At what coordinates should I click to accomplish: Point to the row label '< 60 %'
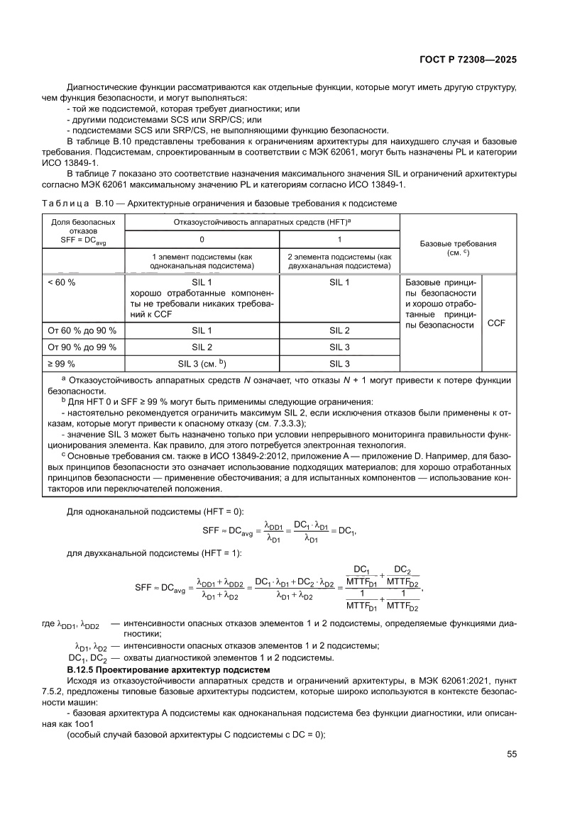pyautogui.click(x=62, y=282)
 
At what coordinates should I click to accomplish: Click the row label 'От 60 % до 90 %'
pyautogui.click(x=82, y=330)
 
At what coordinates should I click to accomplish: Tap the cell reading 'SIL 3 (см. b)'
pyautogui.click(x=201, y=364)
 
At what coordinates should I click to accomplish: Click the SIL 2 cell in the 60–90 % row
pyautogui.click(x=339, y=330)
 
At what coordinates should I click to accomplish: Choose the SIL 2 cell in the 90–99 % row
pyautogui.click(x=201, y=347)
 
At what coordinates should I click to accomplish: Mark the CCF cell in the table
pyautogui.click(x=497, y=322)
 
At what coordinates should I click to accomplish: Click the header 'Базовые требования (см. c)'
pyautogui.click(x=458, y=247)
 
